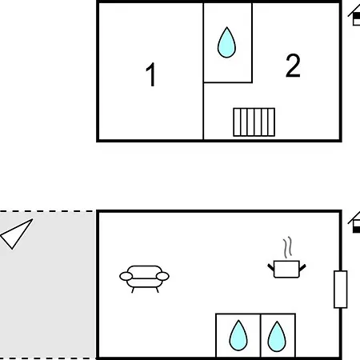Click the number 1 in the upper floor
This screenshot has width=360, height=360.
point(151,74)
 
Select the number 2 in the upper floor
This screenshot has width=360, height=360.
point(293,66)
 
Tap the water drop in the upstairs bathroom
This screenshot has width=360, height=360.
point(226,42)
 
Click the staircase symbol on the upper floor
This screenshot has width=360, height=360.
point(254,122)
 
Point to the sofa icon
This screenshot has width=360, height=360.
point(144,279)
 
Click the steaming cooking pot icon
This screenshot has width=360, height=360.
point(286,258)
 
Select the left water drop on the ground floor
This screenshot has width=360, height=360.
point(238,335)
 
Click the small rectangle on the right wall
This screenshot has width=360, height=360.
point(341,290)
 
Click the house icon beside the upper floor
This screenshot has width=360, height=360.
point(354,16)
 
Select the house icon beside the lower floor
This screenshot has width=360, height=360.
point(354,223)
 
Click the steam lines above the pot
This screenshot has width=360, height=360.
point(287,247)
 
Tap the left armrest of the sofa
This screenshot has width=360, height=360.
point(126,276)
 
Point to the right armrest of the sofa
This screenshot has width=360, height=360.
point(162,276)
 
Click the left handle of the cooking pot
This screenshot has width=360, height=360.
point(271,268)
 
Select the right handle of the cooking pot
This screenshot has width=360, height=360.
point(302,268)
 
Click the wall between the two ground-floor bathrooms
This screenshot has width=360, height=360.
point(260,336)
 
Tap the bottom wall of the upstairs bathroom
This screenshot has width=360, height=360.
point(228,82)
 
